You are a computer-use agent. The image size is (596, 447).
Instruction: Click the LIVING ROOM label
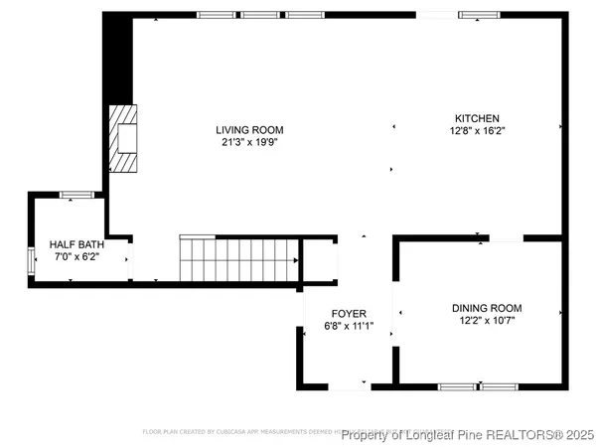250,130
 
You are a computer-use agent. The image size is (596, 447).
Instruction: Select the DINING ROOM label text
487,308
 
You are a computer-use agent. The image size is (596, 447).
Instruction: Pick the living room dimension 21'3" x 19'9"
250,142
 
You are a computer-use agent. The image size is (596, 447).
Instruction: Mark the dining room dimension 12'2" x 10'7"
487,320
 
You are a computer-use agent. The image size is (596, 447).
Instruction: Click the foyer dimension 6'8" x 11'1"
348,325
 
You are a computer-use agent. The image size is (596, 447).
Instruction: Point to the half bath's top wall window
76,195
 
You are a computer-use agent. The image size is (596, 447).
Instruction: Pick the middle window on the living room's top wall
260,15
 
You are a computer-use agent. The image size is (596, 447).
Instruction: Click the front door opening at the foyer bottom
349,385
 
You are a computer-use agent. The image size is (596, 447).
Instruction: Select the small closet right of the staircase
319,260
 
